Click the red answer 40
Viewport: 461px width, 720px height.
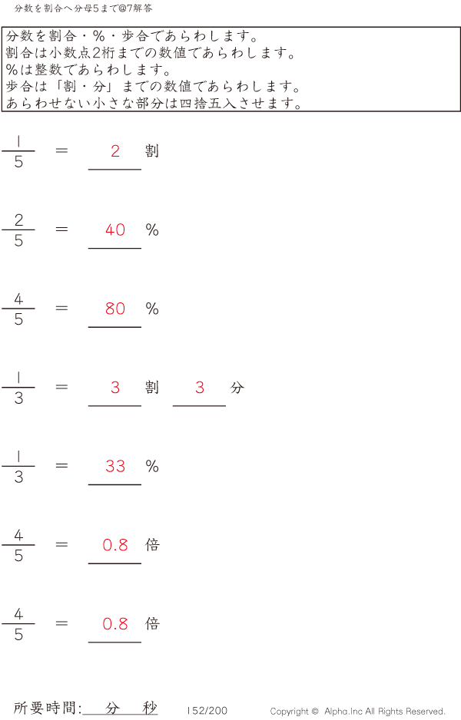click(x=115, y=230)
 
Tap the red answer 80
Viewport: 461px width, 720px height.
click(x=115, y=309)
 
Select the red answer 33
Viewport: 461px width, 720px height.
click(x=115, y=466)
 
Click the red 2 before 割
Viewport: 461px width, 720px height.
click(x=115, y=151)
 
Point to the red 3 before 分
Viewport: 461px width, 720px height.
click(x=200, y=388)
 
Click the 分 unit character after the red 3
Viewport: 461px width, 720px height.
click(x=237, y=388)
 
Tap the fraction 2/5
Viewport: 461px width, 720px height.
click(x=18, y=230)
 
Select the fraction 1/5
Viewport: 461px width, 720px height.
click(x=18, y=151)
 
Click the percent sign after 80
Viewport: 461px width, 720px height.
click(x=152, y=309)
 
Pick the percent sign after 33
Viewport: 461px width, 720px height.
click(x=152, y=466)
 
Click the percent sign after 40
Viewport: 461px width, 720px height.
click(x=152, y=230)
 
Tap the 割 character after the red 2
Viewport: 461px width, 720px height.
click(x=152, y=151)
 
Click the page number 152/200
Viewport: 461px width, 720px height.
click(x=207, y=711)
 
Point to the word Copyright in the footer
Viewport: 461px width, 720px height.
click(x=290, y=712)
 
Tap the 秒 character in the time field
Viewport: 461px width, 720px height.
click(x=150, y=708)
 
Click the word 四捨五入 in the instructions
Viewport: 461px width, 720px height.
click(x=207, y=103)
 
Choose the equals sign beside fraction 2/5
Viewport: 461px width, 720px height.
click(x=61, y=229)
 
